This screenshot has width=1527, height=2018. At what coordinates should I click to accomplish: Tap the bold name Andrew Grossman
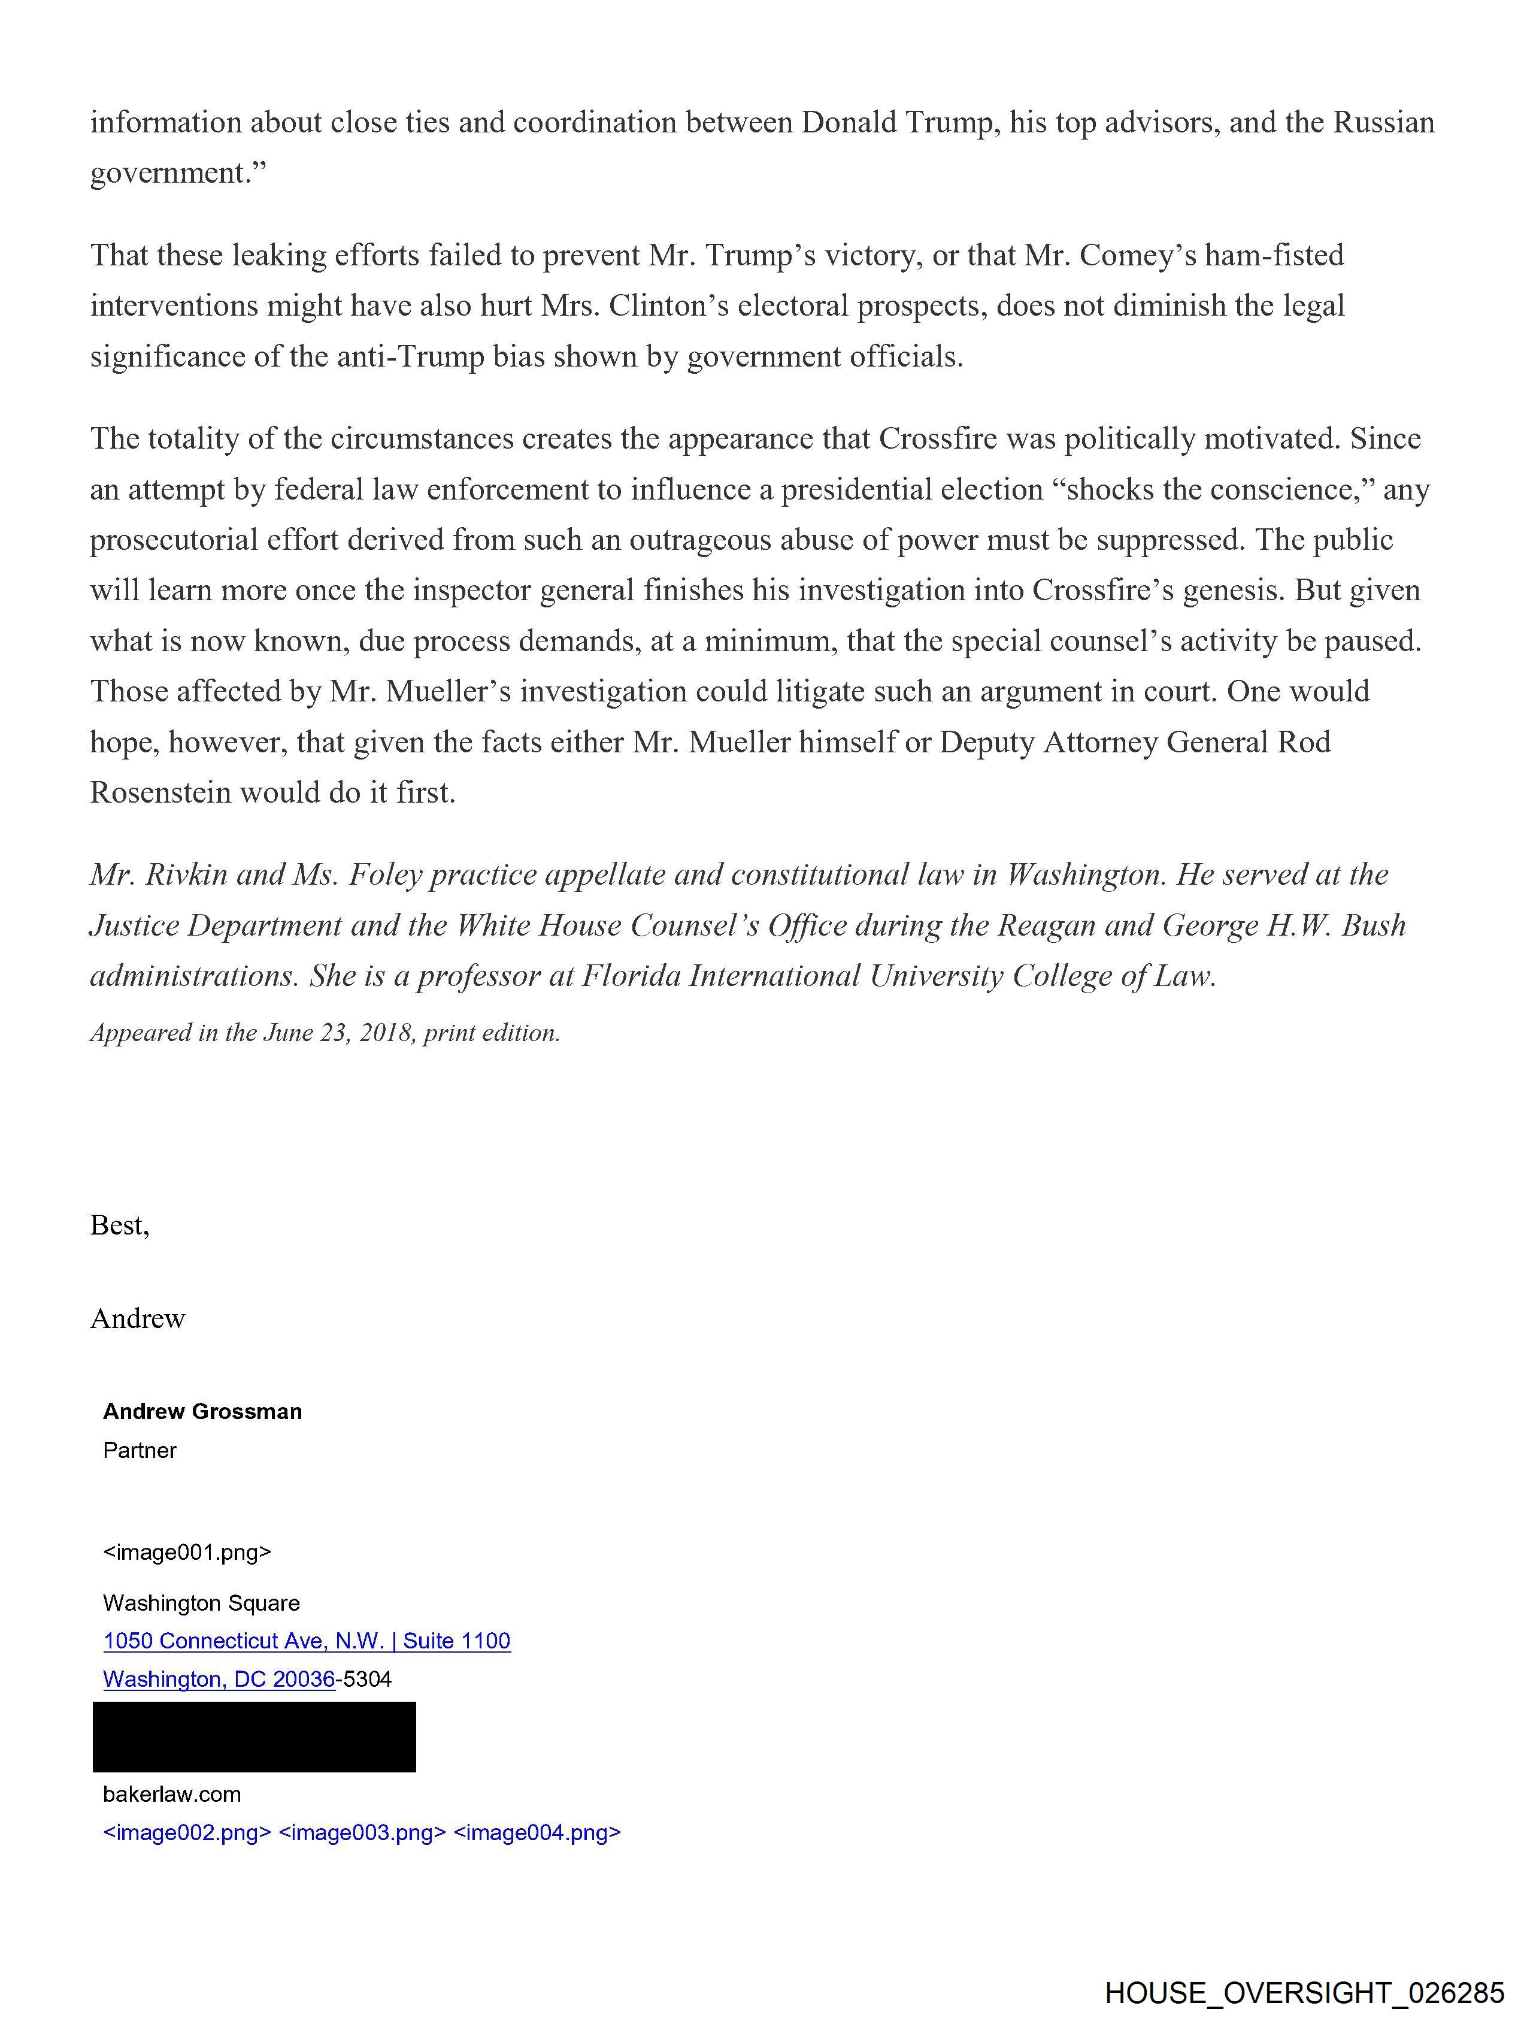202,1411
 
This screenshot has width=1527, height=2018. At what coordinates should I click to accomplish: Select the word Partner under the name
140,1450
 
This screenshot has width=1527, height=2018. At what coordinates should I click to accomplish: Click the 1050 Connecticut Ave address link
307,1640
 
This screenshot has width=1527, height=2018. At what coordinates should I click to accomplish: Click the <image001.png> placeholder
187,1552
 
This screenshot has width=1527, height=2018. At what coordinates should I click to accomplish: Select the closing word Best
118,1224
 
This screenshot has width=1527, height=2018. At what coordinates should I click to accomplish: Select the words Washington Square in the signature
201,1603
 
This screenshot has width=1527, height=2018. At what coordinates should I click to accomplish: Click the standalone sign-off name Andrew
138,1318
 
